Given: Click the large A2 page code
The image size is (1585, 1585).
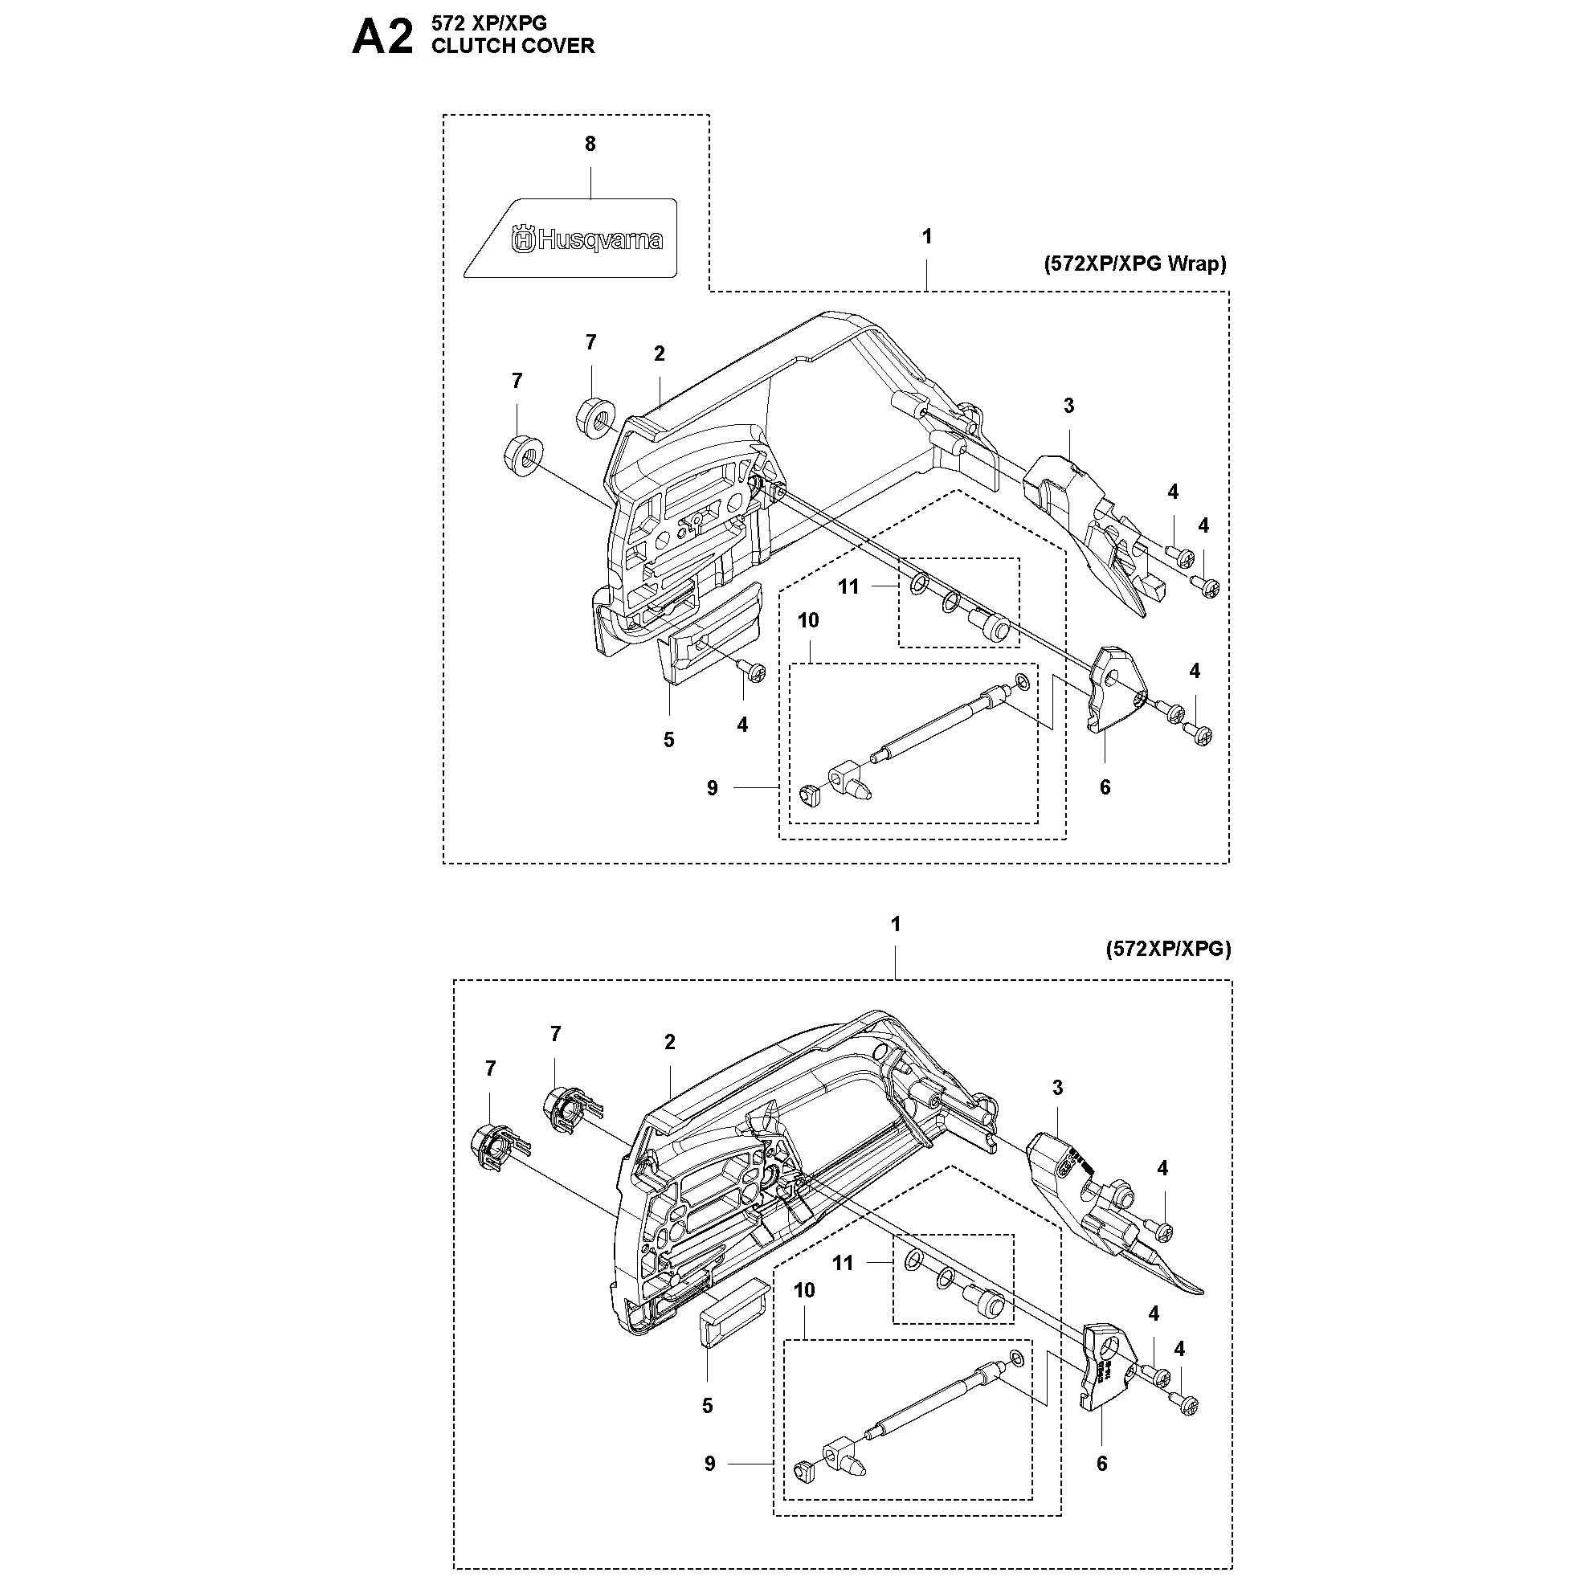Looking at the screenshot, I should click(x=382, y=38).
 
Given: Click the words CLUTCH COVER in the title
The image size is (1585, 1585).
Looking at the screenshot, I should click(x=513, y=46).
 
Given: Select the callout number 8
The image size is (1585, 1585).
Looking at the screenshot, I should click(x=590, y=145).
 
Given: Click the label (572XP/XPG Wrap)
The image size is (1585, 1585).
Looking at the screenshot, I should click(x=1134, y=263).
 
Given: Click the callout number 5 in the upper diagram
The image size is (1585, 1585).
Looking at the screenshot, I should click(x=668, y=740).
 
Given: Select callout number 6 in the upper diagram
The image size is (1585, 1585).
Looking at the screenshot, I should click(x=1105, y=786).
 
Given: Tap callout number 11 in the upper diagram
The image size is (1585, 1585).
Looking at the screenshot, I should click(x=848, y=586).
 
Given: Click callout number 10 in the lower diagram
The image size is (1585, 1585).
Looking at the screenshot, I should click(x=804, y=1289).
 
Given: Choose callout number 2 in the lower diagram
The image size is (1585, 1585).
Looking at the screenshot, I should click(x=670, y=1042).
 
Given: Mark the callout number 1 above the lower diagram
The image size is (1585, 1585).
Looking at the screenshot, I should click(x=896, y=924).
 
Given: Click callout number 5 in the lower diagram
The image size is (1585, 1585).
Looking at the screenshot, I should click(x=707, y=1405).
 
